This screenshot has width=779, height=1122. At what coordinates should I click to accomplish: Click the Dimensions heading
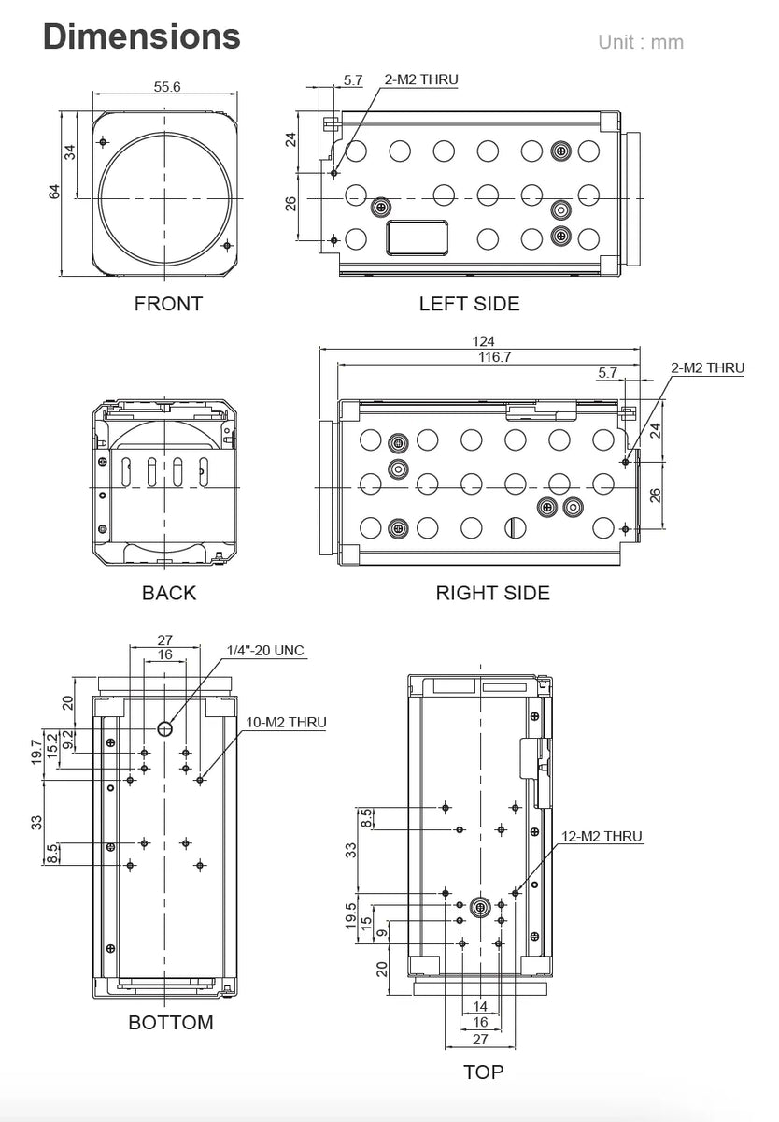coord(141,36)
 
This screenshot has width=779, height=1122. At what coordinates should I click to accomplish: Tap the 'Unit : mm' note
coord(641,42)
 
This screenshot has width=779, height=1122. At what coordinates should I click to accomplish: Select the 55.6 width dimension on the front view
coord(166,87)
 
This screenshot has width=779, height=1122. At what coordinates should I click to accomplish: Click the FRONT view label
coord(168,303)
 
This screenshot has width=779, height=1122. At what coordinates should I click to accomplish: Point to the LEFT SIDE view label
coord(469,303)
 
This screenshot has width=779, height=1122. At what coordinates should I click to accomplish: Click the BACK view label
coord(169,593)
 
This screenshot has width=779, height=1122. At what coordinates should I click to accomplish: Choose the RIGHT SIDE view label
coord(492,593)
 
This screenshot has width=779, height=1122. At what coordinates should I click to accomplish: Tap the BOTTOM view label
coord(170,1022)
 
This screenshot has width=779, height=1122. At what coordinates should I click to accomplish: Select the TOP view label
coord(483,1072)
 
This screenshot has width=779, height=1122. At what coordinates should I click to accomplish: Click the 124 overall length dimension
coord(483,341)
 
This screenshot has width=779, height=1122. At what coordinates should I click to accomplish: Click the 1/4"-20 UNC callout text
coord(265,651)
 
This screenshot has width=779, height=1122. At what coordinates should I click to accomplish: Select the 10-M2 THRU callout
coord(286,723)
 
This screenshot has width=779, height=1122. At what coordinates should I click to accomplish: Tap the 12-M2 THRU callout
coord(602,836)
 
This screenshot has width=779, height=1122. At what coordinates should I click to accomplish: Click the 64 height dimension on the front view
coord(54,192)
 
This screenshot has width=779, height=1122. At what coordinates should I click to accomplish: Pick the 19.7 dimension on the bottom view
coord(36,750)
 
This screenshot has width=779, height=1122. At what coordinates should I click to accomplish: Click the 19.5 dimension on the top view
coord(350,914)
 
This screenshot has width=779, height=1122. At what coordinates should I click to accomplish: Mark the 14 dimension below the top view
coord(480,1006)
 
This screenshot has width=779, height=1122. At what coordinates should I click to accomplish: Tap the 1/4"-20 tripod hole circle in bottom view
coord(165,728)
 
